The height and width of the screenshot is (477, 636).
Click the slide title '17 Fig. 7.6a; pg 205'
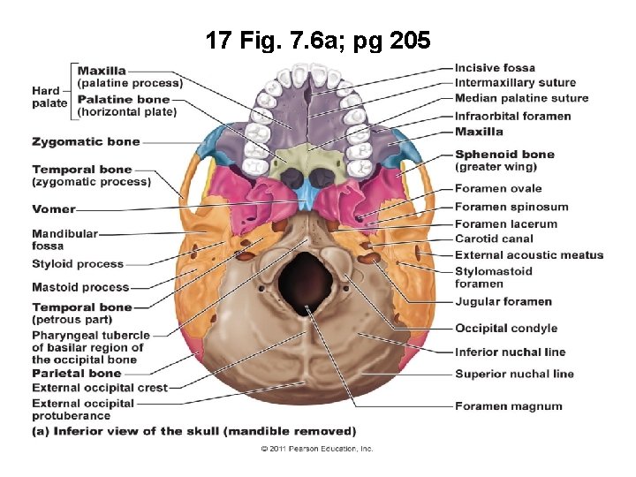(x=318, y=40)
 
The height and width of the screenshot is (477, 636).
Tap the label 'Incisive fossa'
(x=495, y=68)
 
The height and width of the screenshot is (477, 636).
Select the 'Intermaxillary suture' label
(x=515, y=83)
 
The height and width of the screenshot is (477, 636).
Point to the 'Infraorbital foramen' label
(x=512, y=116)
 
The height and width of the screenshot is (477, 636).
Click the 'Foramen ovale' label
(x=498, y=188)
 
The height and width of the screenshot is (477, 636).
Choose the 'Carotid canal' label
(x=494, y=238)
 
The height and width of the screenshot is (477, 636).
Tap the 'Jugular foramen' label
(x=503, y=302)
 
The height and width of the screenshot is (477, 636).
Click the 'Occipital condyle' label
(x=506, y=329)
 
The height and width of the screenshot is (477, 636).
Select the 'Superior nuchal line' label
(x=514, y=374)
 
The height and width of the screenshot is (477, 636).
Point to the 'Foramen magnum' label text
(x=508, y=406)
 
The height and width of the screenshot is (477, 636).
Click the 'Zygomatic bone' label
(x=86, y=141)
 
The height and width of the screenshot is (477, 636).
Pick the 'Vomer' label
(x=54, y=209)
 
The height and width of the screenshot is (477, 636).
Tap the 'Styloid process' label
(x=78, y=264)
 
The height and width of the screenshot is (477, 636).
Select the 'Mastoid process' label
(x=80, y=287)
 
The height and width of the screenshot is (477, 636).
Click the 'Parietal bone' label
(x=76, y=374)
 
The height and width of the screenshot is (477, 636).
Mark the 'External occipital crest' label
(x=100, y=388)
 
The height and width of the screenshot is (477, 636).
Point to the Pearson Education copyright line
(x=317, y=449)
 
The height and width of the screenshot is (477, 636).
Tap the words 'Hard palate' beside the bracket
(x=49, y=97)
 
